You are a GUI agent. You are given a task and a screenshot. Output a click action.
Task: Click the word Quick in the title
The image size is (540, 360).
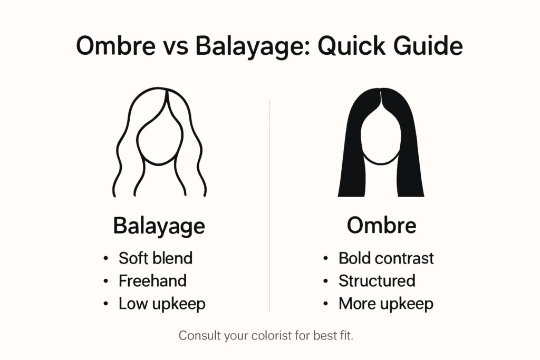coord(351,46)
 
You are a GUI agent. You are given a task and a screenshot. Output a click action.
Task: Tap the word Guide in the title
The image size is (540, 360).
coord(428,45)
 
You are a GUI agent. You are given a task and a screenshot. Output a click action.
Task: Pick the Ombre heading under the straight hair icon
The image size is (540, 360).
coord(382,226)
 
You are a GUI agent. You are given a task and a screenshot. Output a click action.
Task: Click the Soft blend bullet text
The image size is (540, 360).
coord(156,258)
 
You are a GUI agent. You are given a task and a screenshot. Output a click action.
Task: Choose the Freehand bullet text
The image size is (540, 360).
coord(152,281)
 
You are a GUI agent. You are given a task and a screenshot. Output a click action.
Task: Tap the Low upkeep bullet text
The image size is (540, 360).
coord(162,304)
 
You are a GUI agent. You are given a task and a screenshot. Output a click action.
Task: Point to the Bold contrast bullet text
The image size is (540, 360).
coord(386,258)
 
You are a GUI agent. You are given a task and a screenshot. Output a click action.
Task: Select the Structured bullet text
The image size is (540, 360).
coord(377,281)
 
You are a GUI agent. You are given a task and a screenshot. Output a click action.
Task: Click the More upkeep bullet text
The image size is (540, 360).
coord(385,304)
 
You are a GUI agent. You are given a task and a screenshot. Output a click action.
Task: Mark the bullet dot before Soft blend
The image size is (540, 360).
coord(105,258)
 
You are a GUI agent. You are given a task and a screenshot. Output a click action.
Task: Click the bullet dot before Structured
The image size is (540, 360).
coord(326,281)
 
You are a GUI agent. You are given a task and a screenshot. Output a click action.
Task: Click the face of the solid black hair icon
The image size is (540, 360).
coord(381,138)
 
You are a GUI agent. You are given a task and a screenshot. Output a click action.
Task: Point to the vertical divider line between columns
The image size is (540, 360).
coord(269,206)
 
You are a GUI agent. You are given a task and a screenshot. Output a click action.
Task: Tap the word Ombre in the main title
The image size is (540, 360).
coord(115,46)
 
